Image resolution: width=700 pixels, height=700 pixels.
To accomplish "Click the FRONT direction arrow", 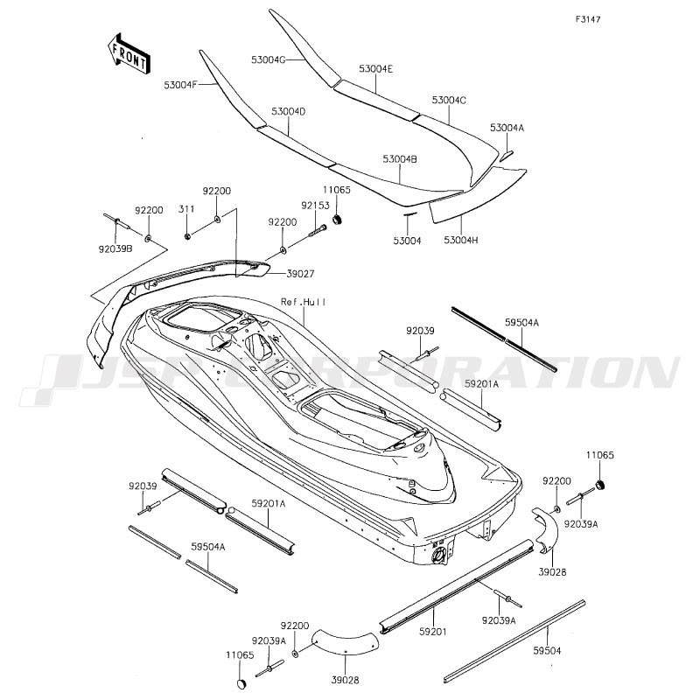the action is click(x=129, y=53).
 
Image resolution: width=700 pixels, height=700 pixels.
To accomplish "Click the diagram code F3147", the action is click(x=587, y=19).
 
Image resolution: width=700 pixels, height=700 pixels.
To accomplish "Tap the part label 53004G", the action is click(x=268, y=59).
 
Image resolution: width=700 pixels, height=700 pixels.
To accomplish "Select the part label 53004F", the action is click(x=180, y=85).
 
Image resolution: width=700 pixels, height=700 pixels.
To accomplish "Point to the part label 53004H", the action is click(x=461, y=240).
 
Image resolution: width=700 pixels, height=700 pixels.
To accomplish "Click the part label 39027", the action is click(x=300, y=274).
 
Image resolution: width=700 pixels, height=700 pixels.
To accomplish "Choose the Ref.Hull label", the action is click(x=303, y=302).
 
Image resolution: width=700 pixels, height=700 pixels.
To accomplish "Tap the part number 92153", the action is click(x=315, y=206).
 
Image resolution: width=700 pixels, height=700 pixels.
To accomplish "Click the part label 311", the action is click(x=186, y=209).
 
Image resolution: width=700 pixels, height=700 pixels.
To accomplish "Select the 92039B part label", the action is click(x=115, y=249).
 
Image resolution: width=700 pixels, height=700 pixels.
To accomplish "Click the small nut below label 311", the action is click(x=188, y=235).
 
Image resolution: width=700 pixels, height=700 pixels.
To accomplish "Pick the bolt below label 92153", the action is click(x=317, y=231).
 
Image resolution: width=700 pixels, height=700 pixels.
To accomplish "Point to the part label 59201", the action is click(x=433, y=632).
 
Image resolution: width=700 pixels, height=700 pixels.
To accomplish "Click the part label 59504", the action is click(x=547, y=651).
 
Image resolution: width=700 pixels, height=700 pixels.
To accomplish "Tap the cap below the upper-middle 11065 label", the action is click(x=338, y=219).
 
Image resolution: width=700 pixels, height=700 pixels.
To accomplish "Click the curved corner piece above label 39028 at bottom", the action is click(x=346, y=641).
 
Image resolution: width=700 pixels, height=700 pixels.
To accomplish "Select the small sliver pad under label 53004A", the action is click(x=507, y=156).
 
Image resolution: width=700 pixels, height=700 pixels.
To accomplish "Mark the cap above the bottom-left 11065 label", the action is click(x=241, y=684).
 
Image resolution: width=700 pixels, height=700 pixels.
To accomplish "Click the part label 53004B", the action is click(x=400, y=159).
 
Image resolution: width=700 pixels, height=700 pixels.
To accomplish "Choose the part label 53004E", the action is click(x=376, y=69).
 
